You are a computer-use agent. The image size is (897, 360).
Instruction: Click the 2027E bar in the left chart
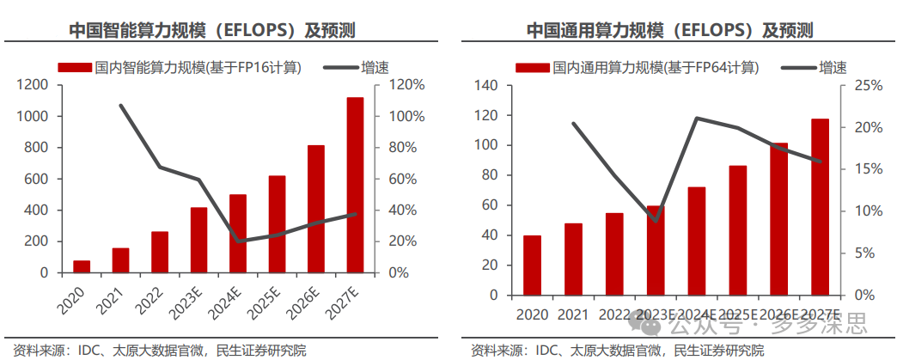(x=355, y=185)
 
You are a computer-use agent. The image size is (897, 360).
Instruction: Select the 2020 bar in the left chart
(x=82, y=266)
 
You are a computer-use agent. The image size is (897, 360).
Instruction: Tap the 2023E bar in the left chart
(x=199, y=240)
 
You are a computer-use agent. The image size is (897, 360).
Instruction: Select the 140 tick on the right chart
(x=484, y=86)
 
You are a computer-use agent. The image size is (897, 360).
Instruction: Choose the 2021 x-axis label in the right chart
(x=572, y=314)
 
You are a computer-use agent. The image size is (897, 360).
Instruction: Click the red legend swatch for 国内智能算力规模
(x=75, y=68)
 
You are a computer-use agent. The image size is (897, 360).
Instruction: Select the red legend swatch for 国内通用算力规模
(x=533, y=68)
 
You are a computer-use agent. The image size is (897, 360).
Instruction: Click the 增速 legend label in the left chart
(x=375, y=68)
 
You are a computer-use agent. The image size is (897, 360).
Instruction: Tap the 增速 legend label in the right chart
(x=833, y=68)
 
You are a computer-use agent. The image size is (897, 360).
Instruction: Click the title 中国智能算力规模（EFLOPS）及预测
(x=212, y=30)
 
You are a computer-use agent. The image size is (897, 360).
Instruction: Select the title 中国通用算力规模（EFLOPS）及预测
(x=669, y=30)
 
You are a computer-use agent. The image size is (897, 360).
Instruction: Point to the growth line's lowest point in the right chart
(x=656, y=221)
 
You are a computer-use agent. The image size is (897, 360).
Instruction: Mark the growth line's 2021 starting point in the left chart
(x=120, y=106)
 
